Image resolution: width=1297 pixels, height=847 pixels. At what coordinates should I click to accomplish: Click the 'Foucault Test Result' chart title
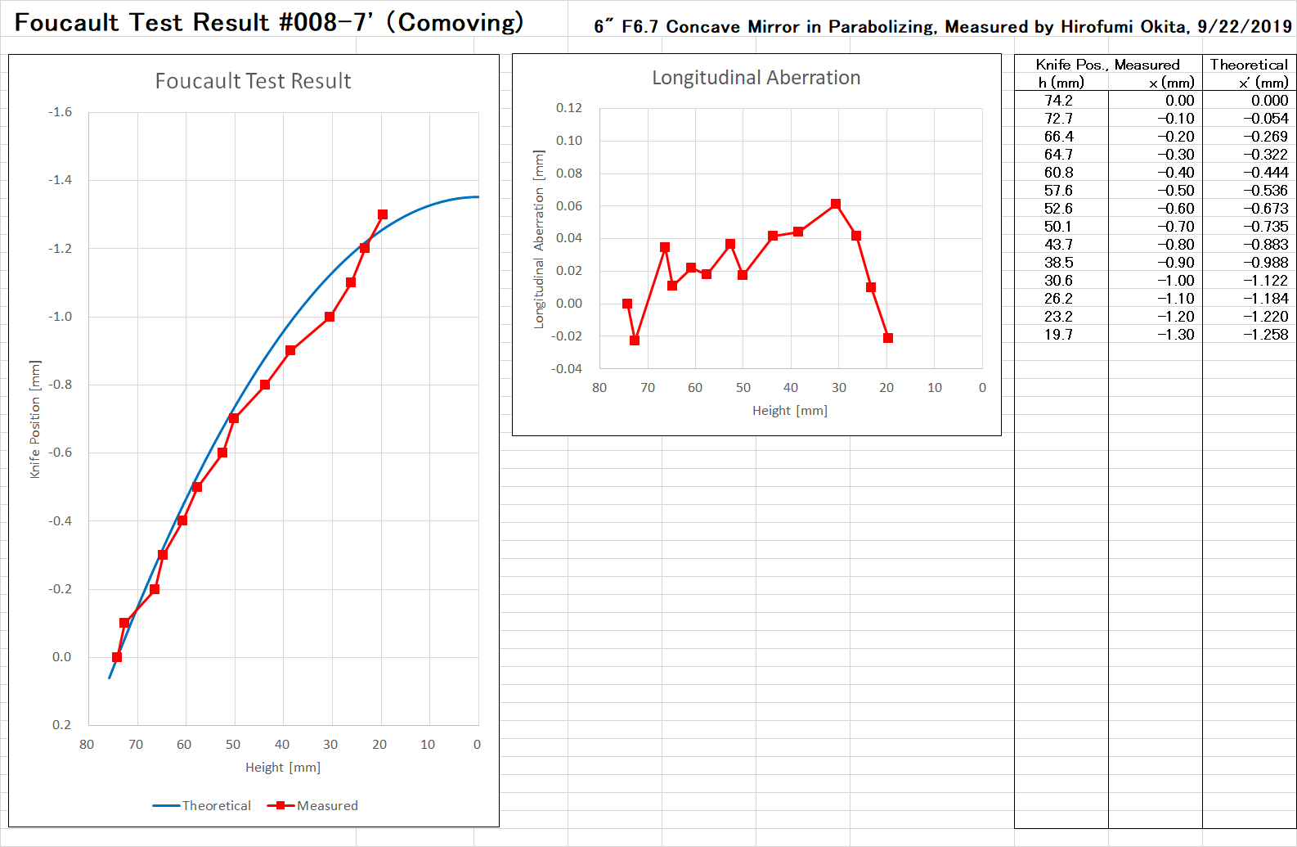click(x=253, y=81)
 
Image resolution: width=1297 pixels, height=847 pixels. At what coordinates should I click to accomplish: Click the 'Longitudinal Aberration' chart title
click(x=756, y=78)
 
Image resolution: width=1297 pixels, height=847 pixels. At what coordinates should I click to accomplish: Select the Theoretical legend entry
click(x=202, y=805)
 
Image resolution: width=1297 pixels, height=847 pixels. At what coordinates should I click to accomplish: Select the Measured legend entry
click(x=313, y=805)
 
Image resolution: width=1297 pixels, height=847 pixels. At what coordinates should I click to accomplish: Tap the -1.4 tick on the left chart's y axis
click(x=61, y=180)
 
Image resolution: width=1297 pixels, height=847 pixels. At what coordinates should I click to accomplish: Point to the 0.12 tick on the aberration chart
click(x=568, y=108)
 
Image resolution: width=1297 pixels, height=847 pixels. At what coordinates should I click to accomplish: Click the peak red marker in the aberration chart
click(x=835, y=204)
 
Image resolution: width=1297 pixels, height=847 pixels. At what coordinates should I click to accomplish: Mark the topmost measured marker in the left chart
click(x=383, y=214)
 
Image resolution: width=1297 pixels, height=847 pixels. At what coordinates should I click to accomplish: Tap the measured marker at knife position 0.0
click(x=117, y=657)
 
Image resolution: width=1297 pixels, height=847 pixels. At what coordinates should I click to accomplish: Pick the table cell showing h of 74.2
click(x=1058, y=101)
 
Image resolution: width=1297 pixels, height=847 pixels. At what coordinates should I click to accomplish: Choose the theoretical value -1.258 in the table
click(x=1265, y=335)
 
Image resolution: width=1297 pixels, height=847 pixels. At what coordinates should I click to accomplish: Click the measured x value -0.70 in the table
click(x=1175, y=227)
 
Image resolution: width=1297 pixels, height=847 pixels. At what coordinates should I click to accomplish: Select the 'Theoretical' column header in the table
click(x=1249, y=65)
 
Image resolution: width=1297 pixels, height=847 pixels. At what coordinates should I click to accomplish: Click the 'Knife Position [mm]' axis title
click(x=35, y=419)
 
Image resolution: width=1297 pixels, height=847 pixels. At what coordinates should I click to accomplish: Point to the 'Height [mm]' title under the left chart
click(x=283, y=768)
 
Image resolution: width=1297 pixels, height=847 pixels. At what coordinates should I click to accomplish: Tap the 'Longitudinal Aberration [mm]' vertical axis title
click(x=539, y=239)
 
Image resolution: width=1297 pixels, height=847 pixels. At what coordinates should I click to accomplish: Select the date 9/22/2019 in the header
click(x=1244, y=26)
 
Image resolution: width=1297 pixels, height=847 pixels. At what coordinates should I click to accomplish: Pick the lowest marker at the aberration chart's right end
click(x=888, y=338)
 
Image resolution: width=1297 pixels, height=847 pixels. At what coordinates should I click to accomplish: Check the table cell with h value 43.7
click(x=1058, y=245)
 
